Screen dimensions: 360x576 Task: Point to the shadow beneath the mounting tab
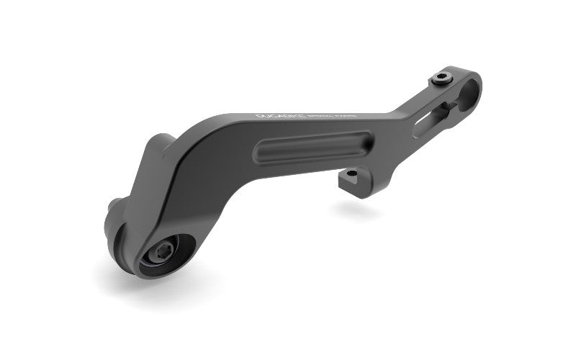click(x=357, y=209)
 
